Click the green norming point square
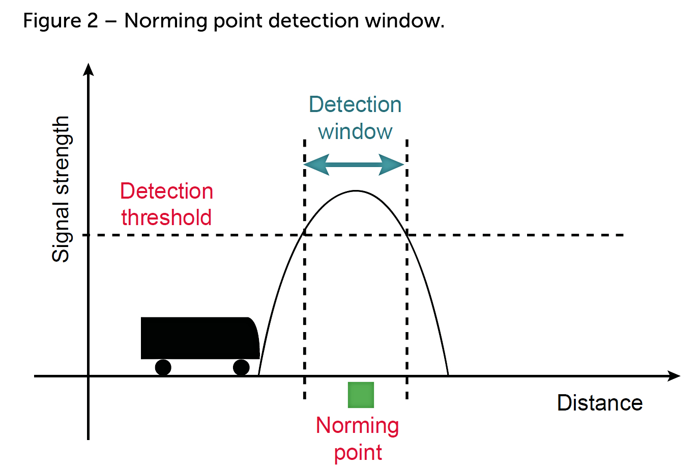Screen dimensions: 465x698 point(361,395)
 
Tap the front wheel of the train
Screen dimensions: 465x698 point(241,367)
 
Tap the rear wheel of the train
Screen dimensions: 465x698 point(163,367)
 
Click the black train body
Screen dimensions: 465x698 point(198,338)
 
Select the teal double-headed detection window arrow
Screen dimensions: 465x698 point(355,165)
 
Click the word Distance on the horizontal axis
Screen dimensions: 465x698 point(600,403)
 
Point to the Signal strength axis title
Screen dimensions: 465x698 point(61,189)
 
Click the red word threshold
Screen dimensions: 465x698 point(166,217)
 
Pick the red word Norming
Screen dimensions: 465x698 point(357,426)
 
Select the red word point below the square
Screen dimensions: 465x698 point(358,452)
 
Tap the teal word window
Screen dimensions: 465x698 point(355,131)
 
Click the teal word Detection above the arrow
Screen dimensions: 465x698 point(355,104)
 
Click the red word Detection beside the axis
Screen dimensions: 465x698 point(166,191)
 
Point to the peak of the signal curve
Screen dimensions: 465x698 point(356,191)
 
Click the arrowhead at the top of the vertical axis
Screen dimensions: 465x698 point(89,69)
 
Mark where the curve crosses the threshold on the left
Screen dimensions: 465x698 point(304,234)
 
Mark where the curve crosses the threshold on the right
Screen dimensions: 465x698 point(407,234)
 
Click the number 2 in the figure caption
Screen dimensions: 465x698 point(92,21)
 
